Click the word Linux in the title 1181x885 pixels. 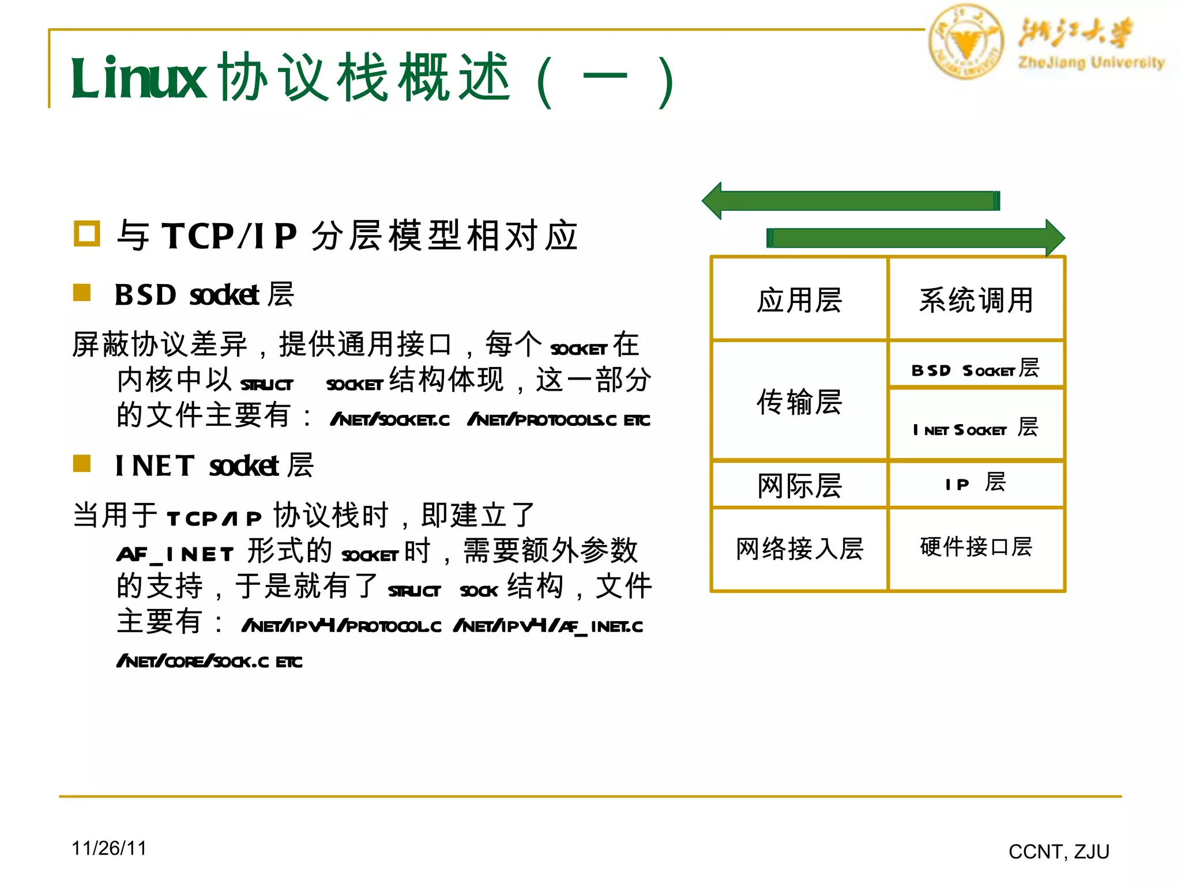138,78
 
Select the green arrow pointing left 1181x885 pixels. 851,201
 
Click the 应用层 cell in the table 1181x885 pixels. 799,300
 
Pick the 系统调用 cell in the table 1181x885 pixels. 976,300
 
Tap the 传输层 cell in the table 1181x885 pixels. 799,401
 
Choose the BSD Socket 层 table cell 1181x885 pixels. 976,368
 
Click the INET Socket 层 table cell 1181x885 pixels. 976,428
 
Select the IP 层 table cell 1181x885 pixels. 976,483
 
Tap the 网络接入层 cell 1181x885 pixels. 799,549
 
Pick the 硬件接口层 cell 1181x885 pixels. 976,547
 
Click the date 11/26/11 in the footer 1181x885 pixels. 109,848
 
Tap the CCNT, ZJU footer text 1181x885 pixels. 1059,852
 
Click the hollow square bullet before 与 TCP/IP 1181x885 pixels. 87,234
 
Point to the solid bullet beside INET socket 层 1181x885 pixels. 82,463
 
